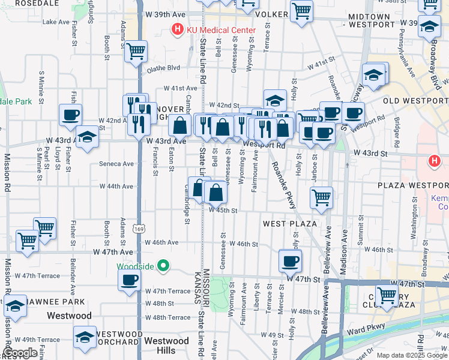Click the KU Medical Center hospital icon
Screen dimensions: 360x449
(x=177, y=28)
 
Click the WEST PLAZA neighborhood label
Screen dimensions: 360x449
(x=290, y=224)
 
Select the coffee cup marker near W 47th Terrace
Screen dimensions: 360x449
(x=130, y=279)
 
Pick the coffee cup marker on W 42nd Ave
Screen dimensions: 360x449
(x=70, y=113)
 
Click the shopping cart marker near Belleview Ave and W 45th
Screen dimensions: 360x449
(x=322, y=196)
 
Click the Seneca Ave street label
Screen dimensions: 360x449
(x=120, y=164)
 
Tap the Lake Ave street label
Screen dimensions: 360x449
(x=56, y=22)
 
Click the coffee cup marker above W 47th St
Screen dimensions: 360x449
(x=291, y=260)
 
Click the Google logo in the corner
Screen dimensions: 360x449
(x=20, y=353)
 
